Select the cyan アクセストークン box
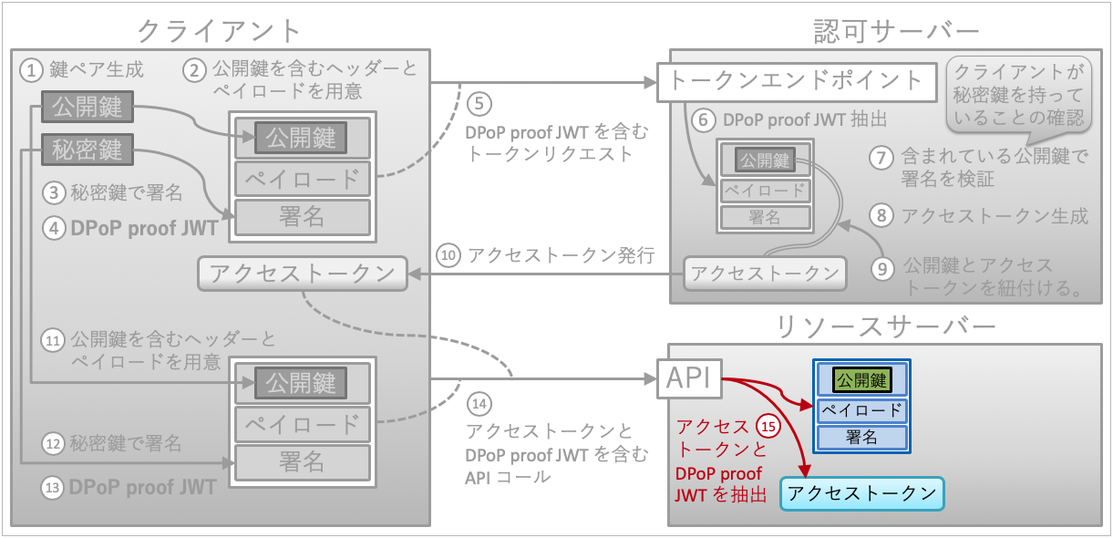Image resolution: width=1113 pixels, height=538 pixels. pyautogui.click(x=862, y=493)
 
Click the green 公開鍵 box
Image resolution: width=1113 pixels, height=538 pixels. pyautogui.click(x=862, y=379)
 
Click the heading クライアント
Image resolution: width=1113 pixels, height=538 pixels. pyautogui.click(x=219, y=30)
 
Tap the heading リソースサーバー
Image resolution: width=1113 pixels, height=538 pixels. pyautogui.click(x=883, y=326)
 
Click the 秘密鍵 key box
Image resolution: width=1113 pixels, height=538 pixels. pyautogui.click(x=88, y=149)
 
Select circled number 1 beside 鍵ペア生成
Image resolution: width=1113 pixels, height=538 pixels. pyautogui.click(x=32, y=69)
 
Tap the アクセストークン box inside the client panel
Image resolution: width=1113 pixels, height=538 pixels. pyautogui.click(x=302, y=274)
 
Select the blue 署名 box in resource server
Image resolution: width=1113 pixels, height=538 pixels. pyautogui.click(x=862, y=438)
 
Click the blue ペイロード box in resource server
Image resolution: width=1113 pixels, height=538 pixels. pyautogui.click(x=862, y=409)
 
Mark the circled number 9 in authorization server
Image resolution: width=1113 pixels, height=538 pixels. pyautogui.click(x=880, y=268)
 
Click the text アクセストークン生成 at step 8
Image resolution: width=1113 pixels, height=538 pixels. pyautogui.click(x=994, y=216)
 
